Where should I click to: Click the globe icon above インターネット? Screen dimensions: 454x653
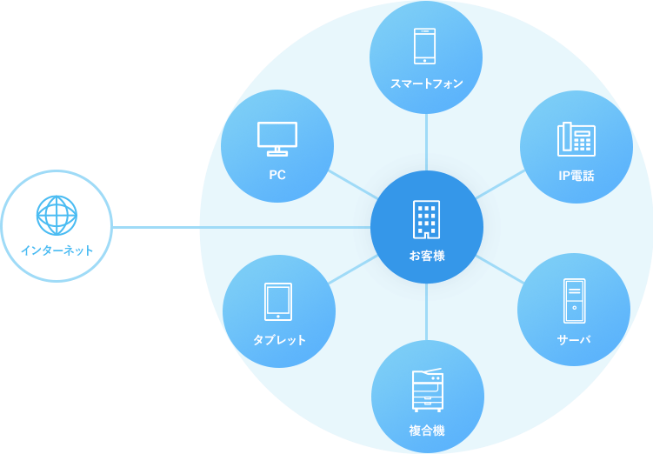coord(57,215)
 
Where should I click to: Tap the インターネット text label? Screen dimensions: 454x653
coord(57,250)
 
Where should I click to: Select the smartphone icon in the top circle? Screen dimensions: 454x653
coord(425,46)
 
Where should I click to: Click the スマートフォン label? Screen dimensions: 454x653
coord(426,84)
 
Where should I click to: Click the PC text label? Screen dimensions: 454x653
coord(277,175)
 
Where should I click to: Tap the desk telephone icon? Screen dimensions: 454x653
coord(576,138)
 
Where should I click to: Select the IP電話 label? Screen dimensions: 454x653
coord(576,176)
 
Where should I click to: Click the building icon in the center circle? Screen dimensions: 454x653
coord(426,219)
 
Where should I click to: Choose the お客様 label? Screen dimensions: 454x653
coord(426,256)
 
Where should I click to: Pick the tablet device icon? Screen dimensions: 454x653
coord(278,302)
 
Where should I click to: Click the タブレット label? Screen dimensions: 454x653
coord(279,340)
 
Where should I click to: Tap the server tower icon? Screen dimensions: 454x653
coord(574,301)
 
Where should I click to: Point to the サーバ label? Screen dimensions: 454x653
coord(574,339)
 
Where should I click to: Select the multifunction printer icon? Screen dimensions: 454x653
coord(427,390)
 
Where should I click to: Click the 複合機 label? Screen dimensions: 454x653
coord(427,430)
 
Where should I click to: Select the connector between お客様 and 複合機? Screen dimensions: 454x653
coord(426,312)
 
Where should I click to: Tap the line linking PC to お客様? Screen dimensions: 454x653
coord(351,184)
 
